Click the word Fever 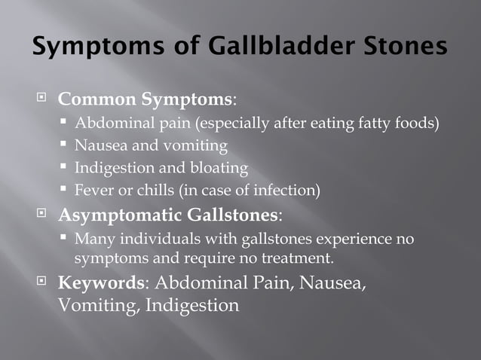pos(94,190)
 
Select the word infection pos(286,190)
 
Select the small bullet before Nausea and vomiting pos(65,145)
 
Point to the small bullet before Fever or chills pos(65,190)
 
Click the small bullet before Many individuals pos(65,239)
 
